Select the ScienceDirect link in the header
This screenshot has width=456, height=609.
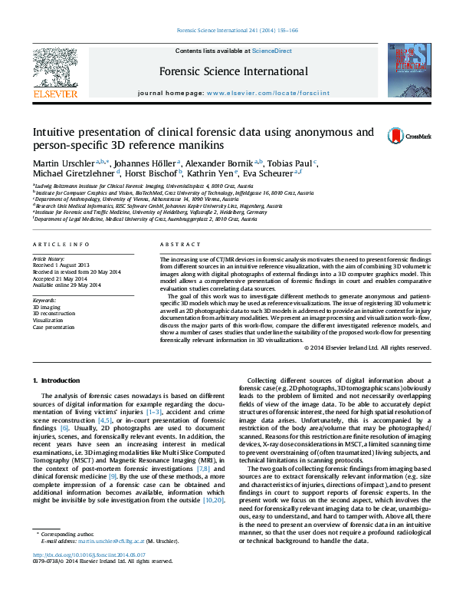[x=272, y=51]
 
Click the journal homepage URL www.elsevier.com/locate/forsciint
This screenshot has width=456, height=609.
[x=278, y=92]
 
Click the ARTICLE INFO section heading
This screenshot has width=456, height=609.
[x=61, y=244]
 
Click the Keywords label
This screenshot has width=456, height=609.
[x=44, y=300]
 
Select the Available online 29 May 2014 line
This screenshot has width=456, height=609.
[x=67, y=285]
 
